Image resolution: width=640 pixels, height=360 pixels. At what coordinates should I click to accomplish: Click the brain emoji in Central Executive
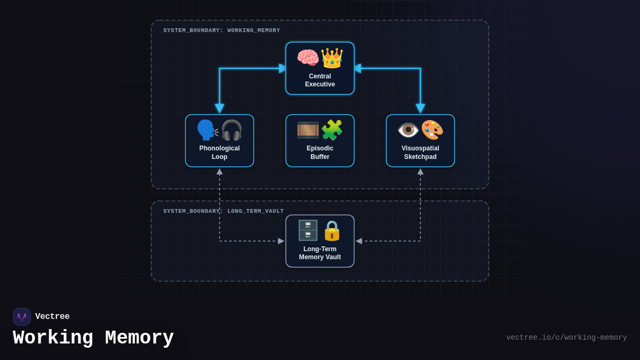point(308,58)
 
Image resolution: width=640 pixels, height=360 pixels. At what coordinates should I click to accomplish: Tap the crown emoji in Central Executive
point(332,58)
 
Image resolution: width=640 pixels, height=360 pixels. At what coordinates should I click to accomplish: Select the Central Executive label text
point(320,81)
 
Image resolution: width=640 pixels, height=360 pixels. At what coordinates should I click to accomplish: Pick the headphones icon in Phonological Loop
point(231,130)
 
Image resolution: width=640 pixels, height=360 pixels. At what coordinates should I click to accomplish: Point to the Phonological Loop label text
point(220,153)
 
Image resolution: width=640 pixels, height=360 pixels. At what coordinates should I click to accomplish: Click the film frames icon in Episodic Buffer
point(308,130)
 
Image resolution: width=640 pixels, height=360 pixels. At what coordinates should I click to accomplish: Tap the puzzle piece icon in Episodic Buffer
point(332,130)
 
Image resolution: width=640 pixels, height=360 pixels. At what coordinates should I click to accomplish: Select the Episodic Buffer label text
point(320,153)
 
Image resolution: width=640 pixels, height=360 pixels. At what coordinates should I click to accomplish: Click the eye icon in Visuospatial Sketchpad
point(409,130)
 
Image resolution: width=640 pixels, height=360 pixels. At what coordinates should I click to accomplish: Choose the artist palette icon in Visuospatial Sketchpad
point(432,130)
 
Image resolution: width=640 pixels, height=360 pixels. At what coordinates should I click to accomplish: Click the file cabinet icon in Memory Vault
point(308,230)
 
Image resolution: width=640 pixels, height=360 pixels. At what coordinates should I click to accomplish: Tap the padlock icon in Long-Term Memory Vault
point(332,230)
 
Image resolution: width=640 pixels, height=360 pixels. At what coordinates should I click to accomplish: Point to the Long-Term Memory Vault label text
point(320,253)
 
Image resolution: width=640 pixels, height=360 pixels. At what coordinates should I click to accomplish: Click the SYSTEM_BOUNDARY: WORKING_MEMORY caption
point(221,30)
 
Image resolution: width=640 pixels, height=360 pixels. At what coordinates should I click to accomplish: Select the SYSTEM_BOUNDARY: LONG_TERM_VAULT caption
point(223,211)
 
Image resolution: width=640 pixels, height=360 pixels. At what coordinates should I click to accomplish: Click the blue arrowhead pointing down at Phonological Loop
point(220,109)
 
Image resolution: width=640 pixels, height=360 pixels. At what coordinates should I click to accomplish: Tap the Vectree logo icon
point(22,317)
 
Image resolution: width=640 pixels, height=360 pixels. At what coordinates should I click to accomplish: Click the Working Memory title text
point(93,338)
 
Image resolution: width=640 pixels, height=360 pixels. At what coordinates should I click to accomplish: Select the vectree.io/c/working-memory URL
point(566,338)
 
